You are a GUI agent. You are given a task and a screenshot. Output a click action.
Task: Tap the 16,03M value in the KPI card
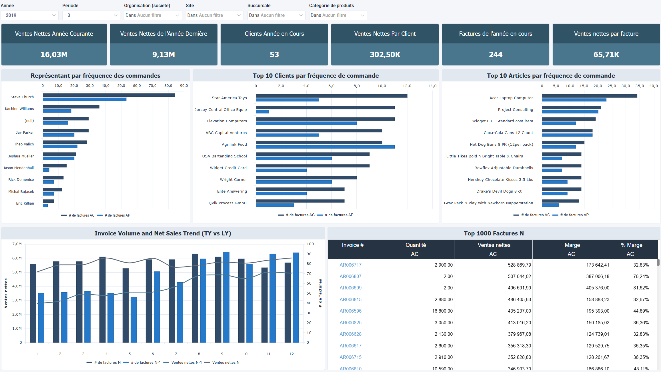54,55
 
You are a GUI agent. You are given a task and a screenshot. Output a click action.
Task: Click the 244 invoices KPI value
496,55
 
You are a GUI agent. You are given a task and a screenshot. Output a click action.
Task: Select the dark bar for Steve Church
109,95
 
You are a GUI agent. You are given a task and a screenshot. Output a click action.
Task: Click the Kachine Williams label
19,109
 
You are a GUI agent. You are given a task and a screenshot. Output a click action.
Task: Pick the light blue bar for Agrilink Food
325,147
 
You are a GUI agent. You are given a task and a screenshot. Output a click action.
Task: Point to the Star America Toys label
229,98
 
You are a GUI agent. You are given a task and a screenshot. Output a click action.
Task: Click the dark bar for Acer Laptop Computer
589,96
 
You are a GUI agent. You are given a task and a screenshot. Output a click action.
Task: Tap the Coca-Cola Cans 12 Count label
508,133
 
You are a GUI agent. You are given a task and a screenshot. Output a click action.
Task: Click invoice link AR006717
350,265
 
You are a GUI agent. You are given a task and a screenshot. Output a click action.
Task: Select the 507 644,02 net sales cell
519,276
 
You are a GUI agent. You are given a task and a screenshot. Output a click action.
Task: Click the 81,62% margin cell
641,288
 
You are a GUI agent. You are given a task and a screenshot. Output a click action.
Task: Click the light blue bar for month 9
226,297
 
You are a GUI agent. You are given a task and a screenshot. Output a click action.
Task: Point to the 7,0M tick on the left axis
17,244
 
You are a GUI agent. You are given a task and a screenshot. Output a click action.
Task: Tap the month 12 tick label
291,354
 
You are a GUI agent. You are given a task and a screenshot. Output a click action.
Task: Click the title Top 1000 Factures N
494,233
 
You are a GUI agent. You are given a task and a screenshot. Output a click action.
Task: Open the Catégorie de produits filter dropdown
338,15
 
